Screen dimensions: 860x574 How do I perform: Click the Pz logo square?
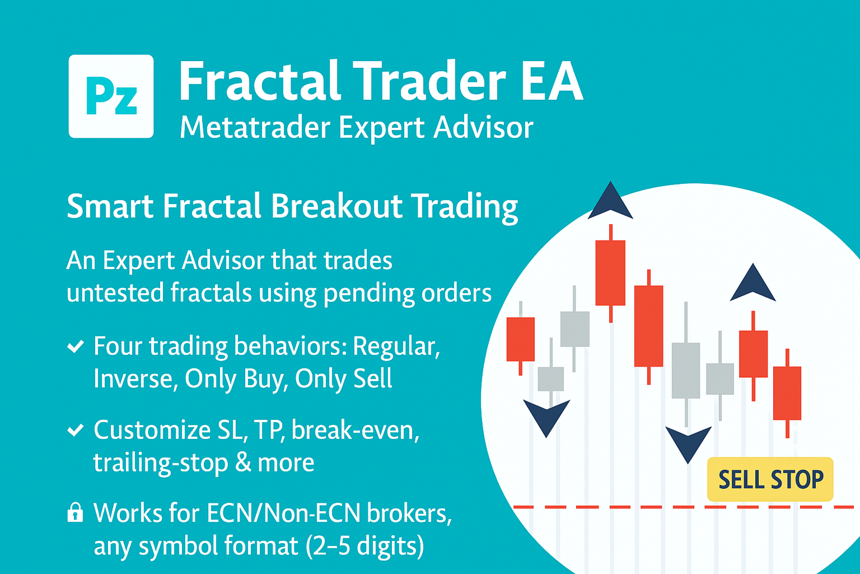click(x=111, y=96)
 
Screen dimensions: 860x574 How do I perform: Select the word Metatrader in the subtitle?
click(x=255, y=128)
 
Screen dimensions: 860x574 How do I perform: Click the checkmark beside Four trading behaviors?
click(x=75, y=347)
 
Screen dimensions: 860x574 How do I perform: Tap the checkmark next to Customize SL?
click(x=75, y=430)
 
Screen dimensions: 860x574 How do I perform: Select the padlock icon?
click(x=75, y=512)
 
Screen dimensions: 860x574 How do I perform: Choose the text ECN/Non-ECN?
click(x=284, y=513)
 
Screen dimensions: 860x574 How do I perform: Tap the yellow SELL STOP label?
click(x=770, y=479)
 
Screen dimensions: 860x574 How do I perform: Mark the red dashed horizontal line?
click(x=684, y=507)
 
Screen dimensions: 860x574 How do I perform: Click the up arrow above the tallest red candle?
click(x=610, y=201)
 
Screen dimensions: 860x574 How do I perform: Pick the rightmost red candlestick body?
click(x=787, y=394)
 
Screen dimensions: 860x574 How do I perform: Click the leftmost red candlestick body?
click(x=521, y=340)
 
